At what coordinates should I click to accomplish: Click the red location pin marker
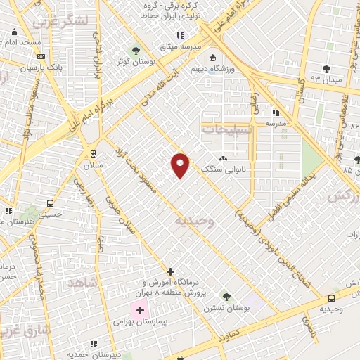(181, 165)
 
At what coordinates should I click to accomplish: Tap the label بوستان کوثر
(135, 62)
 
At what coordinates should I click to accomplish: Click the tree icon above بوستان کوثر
(135, 51)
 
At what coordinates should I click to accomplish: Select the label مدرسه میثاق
(181, 46)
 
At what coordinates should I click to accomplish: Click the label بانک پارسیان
(22, 67)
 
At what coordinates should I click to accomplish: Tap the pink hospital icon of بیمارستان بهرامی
(140, 310)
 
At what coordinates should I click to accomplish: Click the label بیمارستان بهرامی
(141, 321)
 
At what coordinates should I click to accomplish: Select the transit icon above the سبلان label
(93, 154)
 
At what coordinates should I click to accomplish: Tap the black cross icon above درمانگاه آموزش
(169, 271)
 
